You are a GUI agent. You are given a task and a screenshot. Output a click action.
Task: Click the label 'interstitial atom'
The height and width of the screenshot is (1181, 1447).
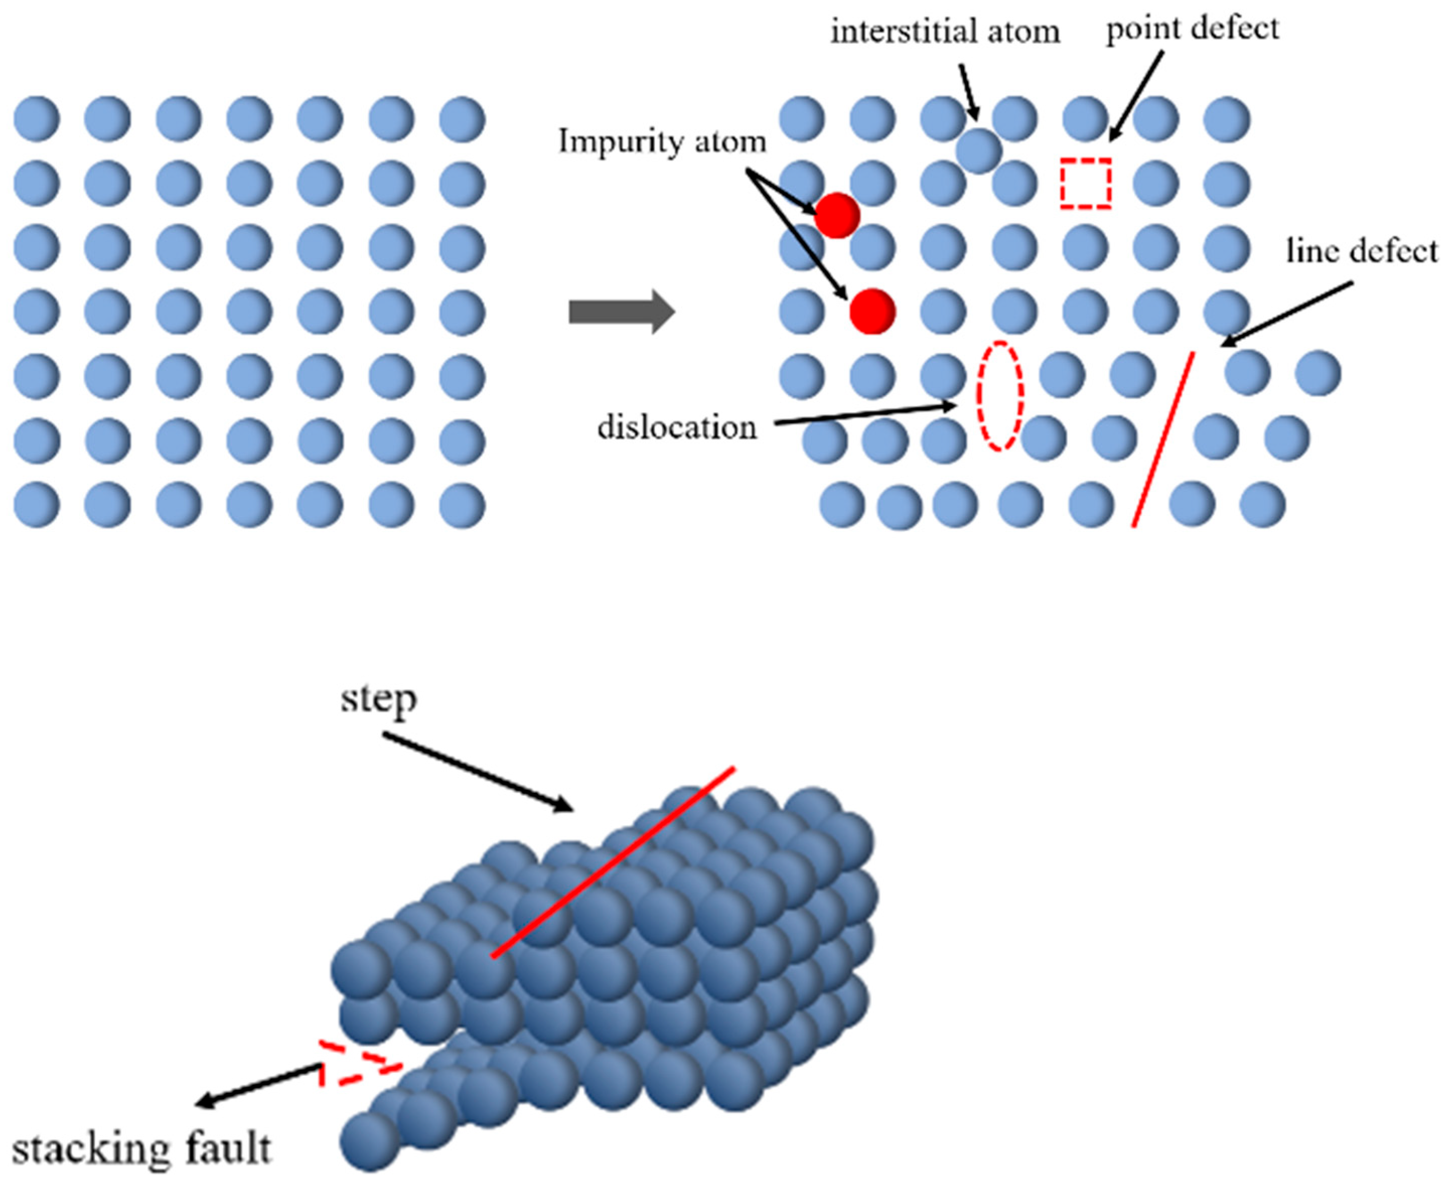(x=945, y=32)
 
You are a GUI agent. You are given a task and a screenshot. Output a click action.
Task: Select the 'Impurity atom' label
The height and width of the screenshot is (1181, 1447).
(x=662, y=142)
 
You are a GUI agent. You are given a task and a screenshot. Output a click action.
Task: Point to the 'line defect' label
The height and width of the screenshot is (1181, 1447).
(x=1361, y=252)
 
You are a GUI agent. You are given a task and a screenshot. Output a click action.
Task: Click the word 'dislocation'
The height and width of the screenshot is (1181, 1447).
(x=676, y=427)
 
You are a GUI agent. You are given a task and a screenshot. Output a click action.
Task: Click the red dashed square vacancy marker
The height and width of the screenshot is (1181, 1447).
(x=1086, y=184)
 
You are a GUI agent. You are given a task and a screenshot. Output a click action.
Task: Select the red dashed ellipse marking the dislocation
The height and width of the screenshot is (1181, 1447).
(x=1000, y=395)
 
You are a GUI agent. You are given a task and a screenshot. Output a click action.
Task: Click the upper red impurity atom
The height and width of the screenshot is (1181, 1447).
(x=837, y=215)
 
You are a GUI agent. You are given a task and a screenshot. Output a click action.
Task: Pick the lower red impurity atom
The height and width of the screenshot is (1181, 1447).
(x=872, y=311)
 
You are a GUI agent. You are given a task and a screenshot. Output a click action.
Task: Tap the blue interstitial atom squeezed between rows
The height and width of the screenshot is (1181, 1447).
(x=978, y=151)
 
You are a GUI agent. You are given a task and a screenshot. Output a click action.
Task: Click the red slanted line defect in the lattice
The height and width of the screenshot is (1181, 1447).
(x=1162, y=439)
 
